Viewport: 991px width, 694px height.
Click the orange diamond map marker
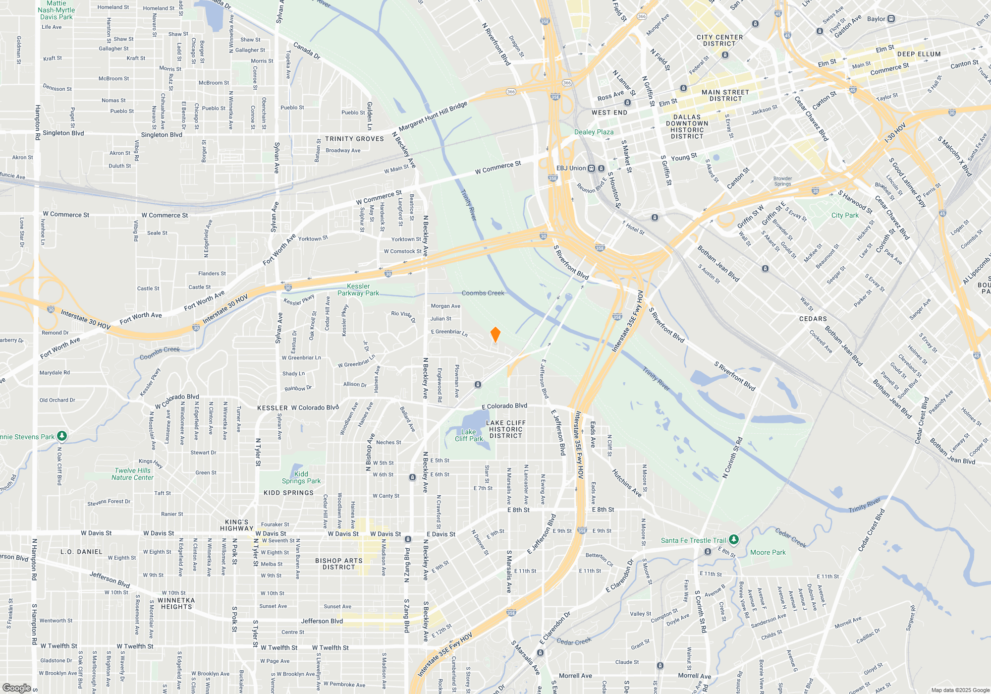pyautogui.click(x=495, y=335)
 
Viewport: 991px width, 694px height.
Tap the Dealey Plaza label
pyautogui.click(x=594, y=132)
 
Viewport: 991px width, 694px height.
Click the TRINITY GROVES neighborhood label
pyautogui.click(x=354, y=139)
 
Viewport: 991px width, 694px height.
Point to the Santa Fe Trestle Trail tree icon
pyautogui.click(x=734, y=540)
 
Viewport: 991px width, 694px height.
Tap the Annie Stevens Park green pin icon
pyautogui.click(x=62, y=436)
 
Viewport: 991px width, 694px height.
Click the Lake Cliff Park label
pyautogui.click(x=469, y=435)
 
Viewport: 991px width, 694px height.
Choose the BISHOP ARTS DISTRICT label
pyautogui.click(x=339, y=564)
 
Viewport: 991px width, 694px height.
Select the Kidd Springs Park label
pyautogui.click(x=301, y=477)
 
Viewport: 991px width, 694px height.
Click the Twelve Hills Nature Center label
pyautogui.click(x=132, y=474)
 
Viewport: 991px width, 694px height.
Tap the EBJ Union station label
pyautogui.click(x=571, y=168)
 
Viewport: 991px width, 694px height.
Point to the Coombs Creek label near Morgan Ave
pyautogui.click(x=483, y=293)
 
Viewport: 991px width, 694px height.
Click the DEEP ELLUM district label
pyautogui.click(x=919, y=54)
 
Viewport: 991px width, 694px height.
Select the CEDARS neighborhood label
pyautogui.click(x=813, y=319)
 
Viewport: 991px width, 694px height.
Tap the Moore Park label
pyautogui.click(x=768, y=552)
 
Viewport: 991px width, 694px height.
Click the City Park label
pyautogui.click(x=845, y=215)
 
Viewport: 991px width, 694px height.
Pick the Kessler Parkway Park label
pyautogui.click(x=358, y=289)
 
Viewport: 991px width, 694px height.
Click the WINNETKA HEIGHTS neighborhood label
pyautogui.click(x=176, y=603)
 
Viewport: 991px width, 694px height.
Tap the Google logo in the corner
pyautogui.click(x=16, y=688)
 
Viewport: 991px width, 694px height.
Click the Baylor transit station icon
pyautogui.click(x=891, y=19)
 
